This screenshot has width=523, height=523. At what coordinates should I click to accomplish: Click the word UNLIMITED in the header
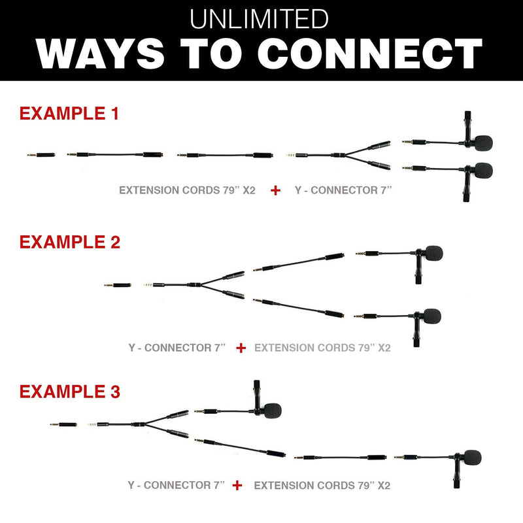pyautogui.click(x=259, y=19)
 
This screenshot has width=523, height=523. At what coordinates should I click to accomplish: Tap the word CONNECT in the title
pyautogui.click(x=370, y=54)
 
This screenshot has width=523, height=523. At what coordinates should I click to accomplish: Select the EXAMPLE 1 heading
pyautogui.click(x=69, y=113)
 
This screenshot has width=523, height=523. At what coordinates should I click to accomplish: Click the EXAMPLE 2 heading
pyautogui.click(x=70, y=242)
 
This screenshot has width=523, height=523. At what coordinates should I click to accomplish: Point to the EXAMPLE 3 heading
pyautogui.click(x=70, y=391)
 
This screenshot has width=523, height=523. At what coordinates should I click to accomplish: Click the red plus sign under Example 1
pyautogui.click(x=275, y=190)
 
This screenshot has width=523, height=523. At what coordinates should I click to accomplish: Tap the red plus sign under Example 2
pyautogui.click(x=241, y=348)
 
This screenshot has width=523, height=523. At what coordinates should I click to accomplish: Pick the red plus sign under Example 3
pyautogui.click(x=237, y=485)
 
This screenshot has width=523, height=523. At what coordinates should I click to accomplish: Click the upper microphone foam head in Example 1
pyautogui.click(x=483, y=143)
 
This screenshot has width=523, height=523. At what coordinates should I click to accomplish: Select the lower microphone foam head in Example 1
pyautogui.click(x=483, y=171)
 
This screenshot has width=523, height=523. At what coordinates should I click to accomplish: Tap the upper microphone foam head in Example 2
pyautogui.click(x=433, y=253)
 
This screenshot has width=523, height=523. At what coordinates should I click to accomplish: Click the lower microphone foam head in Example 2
pyautogui.click(x=432, y=316)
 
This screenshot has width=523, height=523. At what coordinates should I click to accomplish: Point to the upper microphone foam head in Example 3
pyautogui.click(x=273, y=411)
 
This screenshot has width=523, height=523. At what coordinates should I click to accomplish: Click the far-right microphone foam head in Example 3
pyautogui.click(x=472, y=457)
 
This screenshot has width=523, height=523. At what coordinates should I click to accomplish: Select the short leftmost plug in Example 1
pyautogui.click(x=41, y=155)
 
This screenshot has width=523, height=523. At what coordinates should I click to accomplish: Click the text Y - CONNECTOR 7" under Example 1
pyautogui.click(x=343, y=190)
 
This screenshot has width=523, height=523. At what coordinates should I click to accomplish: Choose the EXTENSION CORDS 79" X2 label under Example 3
pyautogui.click(x=322, y=485)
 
